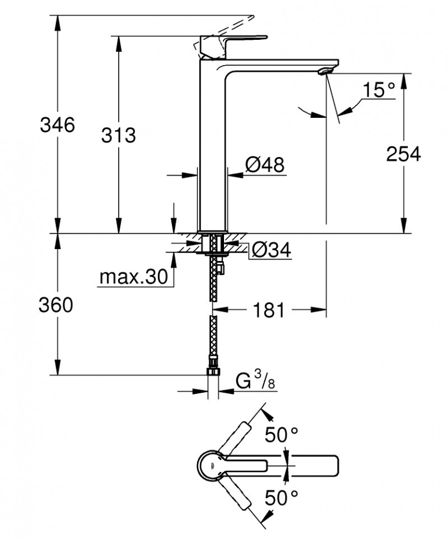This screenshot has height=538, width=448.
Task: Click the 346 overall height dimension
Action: tap(57, 125)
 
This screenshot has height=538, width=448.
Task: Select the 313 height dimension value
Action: tap(118, 135)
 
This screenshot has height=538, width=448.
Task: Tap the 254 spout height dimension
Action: tap(403, 154)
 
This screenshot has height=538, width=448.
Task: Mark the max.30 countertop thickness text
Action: tap(133, 277)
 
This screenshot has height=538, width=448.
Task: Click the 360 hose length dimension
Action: tap(57, 306)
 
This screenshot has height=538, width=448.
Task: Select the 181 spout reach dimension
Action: tap(269, 309)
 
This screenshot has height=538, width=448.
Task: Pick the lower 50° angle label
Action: tap(281, 496)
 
